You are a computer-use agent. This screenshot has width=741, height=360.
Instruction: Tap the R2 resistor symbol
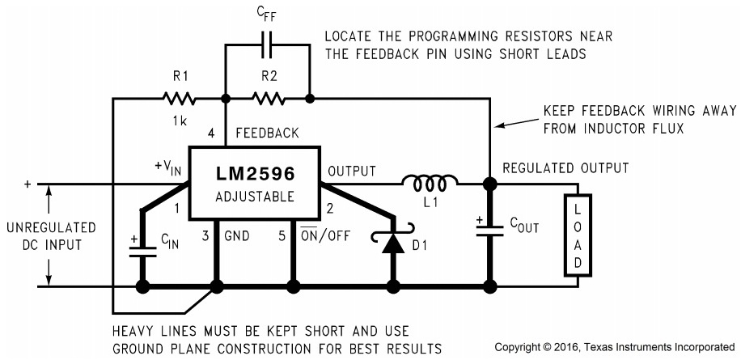coord(268,100)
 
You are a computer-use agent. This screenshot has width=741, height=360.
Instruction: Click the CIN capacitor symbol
coord(142,247)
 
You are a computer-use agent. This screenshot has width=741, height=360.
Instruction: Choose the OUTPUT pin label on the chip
coord(352,172)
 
